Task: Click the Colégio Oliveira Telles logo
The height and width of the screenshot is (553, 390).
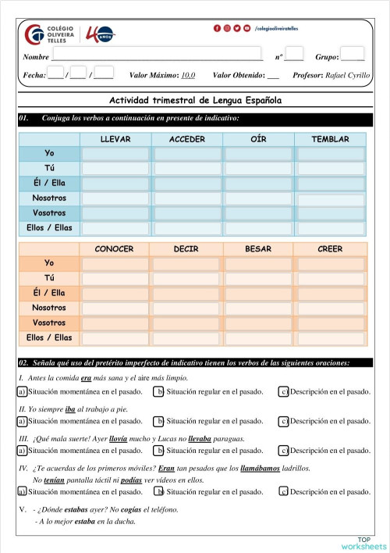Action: click(51, 35)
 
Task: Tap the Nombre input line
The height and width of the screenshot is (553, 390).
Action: click(156, 56)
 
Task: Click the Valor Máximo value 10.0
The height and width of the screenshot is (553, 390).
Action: click(188, 76)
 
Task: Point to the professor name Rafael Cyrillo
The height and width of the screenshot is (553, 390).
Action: click(348, 76)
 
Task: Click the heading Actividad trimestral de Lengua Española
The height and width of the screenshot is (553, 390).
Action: click(195, 101)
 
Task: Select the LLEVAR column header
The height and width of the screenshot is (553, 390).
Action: click(115, 139)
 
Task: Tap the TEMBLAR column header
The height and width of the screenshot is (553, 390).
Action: click(330, 139)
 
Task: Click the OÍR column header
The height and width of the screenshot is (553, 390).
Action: click(258, 139)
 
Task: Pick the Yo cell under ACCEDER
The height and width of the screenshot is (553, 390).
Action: click(187, 154)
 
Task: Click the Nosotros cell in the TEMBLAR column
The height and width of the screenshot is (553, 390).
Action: click(330, 198)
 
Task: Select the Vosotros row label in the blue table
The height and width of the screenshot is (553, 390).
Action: click(49, 213)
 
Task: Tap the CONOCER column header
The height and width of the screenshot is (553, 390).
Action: click(115, 249)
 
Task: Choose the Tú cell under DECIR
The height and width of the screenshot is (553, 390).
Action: click(186, 279)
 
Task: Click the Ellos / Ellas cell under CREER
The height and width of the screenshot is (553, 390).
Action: click(330, 338)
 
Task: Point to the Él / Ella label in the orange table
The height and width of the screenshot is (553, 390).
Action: click(49, 294)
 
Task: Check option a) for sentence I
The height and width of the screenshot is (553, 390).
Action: click(21, 391)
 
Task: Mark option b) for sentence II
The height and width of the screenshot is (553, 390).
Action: click(158, 421)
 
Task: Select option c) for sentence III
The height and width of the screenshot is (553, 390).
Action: click(284, 451)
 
